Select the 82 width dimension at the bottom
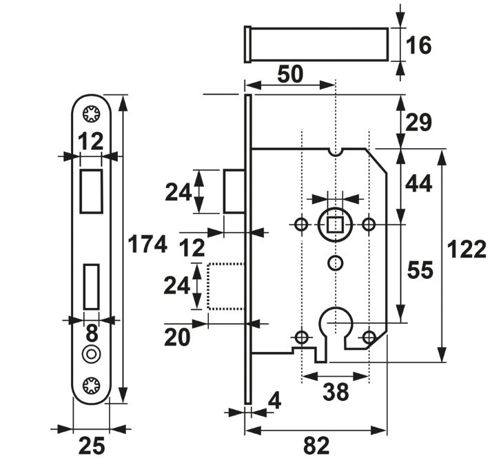316,447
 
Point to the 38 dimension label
336,392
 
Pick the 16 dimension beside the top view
418,45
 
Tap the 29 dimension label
418,122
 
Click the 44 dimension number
419,183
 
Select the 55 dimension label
419,271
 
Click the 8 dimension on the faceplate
91,335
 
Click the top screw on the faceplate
91,114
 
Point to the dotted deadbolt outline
225,286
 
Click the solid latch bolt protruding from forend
233,191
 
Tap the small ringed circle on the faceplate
91,354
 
